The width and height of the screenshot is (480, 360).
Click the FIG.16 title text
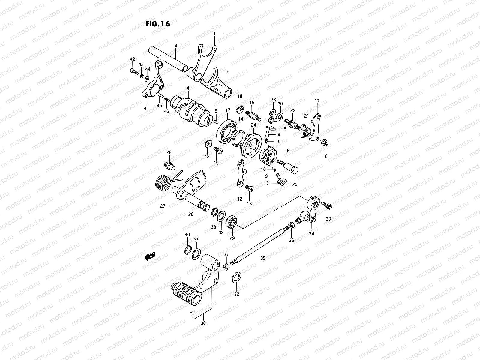point(158,24)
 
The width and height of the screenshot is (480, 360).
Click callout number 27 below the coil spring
point(163,206)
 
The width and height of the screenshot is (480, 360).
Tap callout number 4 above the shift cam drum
point(187,88)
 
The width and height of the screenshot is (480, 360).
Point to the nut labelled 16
point(324,142)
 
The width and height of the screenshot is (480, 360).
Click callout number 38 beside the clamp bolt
point(328,219)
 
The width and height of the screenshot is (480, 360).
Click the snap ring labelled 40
point(188,250)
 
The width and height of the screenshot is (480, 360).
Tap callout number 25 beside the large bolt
point(295,184)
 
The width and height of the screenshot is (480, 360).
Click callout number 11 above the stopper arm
point(317,100)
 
